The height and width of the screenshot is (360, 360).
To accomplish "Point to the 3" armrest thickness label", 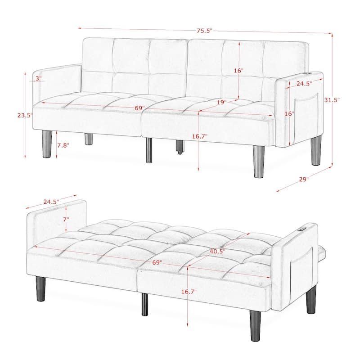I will coord(38,78).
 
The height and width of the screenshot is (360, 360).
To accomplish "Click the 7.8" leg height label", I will coord(64,145).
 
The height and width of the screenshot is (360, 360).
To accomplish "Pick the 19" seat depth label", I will coord(221,103).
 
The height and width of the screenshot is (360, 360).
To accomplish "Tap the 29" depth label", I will coord(304,179).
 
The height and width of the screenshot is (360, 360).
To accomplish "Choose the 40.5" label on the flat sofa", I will coord(217,251).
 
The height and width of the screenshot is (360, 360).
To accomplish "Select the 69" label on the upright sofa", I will coord(139,108).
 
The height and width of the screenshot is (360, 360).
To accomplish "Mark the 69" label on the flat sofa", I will coord(157,262).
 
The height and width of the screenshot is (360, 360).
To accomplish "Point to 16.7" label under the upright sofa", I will coord(199,136).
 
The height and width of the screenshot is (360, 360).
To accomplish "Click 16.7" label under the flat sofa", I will coord(189,292).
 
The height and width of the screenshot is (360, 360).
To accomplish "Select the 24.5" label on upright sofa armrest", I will coord(305,84).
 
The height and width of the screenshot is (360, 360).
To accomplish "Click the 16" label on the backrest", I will coord(238,71).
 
